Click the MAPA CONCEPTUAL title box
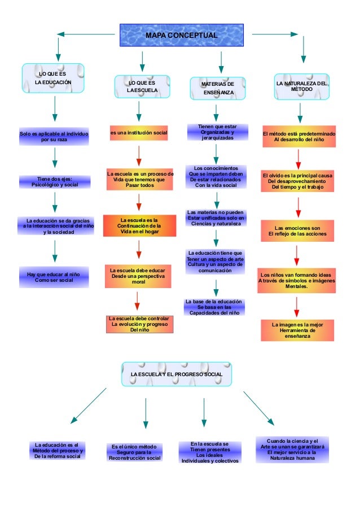point(181,35)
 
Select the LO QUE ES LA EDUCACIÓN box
point(54,79)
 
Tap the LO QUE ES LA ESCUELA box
point(142,86)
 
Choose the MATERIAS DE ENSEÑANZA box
point(217,88)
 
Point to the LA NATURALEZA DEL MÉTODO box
point(301,86)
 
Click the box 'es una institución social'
point(139,133)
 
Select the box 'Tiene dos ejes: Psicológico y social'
point(55,181)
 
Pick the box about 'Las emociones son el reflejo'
point(296,231)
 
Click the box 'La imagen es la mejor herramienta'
point(297,330)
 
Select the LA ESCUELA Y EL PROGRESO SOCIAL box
point(177,374)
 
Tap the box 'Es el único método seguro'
point(135,452)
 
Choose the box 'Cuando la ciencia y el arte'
point(296,450)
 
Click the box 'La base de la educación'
point(214,307)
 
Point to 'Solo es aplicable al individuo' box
point(54,136)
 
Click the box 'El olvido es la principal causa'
point(297,181)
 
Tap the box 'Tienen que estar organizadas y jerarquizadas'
point(217,132)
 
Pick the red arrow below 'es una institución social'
point(139,156)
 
